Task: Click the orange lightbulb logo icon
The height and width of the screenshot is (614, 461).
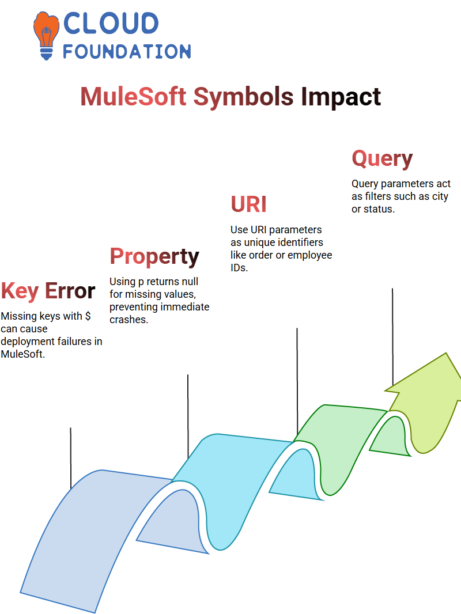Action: (x=46, y=35)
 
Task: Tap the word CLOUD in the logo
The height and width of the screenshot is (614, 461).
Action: (x=111, y=23)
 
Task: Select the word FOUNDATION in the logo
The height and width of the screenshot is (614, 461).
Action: (x=127, y=51)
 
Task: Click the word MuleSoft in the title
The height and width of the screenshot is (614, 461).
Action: (x=133, y=96)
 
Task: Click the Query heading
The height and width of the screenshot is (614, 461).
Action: (x=382, y=159)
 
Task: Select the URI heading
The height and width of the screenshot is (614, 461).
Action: (x=249, y=204)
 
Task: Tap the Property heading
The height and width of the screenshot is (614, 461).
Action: (x=154, y=257)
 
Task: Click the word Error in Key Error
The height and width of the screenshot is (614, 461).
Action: (x=70, y=290)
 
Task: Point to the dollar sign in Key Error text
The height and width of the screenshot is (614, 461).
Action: (x=88, y=316)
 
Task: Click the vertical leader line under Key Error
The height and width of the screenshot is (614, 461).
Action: (x=71, y=458)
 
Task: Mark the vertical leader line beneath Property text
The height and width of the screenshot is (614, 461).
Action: (x=188, y=416)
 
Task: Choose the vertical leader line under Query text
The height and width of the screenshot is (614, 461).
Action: (x=392, y=337)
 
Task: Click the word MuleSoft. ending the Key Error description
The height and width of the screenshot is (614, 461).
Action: (x=22, y=354)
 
